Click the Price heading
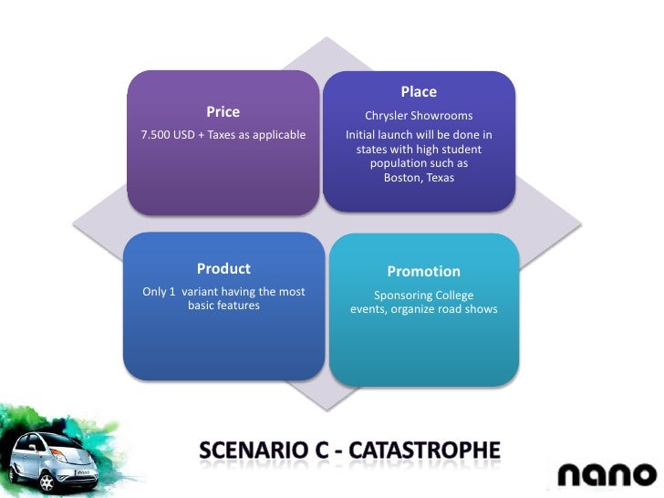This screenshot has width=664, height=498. click(223, 112)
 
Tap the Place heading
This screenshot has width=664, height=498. click(419, 92)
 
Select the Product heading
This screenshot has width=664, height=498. click(223, 269)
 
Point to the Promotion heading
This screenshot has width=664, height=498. click(423, 272)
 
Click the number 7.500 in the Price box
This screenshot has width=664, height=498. click(156, 136)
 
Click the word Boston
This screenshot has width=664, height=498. click(401, 178)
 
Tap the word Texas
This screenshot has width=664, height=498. click(440, 178)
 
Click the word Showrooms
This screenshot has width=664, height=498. click(445, 117)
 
